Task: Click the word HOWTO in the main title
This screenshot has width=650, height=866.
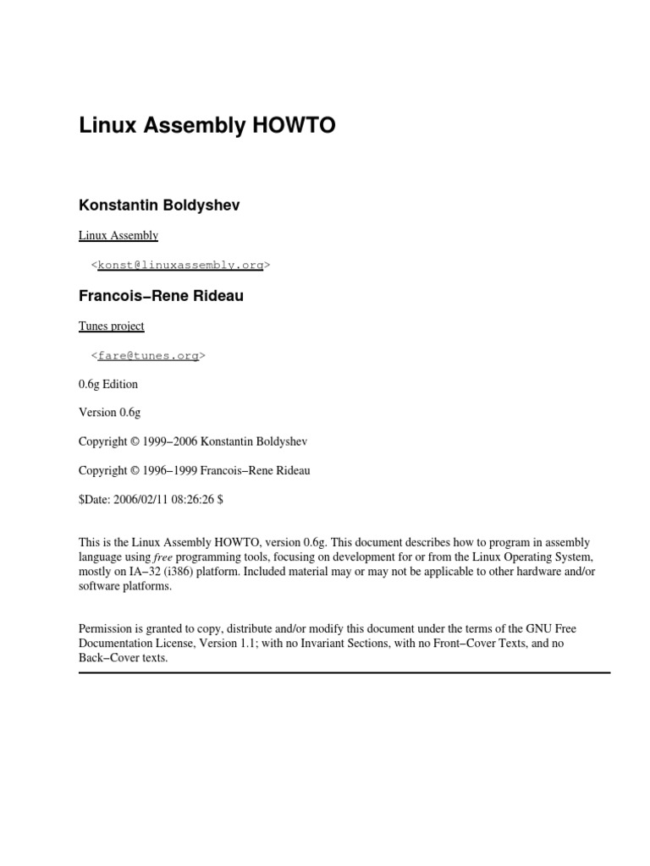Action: point(294,126)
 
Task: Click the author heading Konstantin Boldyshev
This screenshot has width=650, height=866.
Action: point(159,206)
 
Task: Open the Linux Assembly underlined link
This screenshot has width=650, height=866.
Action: point(118,235)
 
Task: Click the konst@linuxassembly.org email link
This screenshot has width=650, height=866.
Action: point(180,265)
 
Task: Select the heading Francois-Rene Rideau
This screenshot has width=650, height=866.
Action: point(161,296)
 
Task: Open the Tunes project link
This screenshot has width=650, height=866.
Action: point(112,326)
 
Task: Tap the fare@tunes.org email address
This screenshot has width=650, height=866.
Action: point(148,355)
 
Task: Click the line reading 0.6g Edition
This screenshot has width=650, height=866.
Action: point(108,384)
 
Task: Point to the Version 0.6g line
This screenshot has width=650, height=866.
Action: point(110,413)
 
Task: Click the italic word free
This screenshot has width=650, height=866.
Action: point(162,558)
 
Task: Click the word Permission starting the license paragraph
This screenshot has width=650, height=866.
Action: point(105,629)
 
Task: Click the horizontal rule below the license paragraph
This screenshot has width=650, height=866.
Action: point(344,672)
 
